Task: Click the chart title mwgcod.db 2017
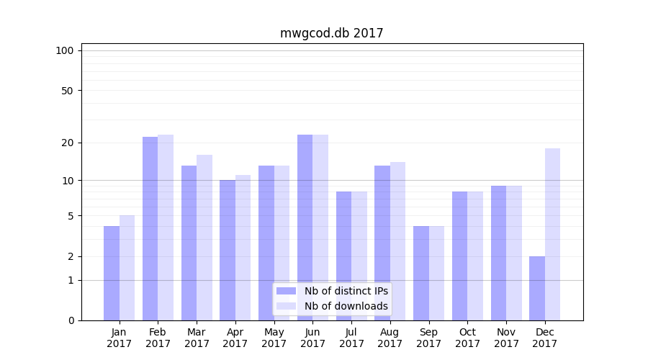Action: (x=331, y=33)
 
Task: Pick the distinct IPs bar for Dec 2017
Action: (x=537, y=288)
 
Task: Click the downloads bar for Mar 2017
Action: (x=204, y=238)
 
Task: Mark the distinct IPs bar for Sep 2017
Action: (x=421, y=273)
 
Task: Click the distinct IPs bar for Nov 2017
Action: (x=498, y=253)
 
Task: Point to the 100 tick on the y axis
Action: (x=65, y=50)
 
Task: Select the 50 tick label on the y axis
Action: (x=67, y=91)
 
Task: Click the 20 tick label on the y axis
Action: (x=67, y=143)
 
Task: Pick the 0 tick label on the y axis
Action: (x=71, y=320)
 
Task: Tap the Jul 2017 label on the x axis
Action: (x=351, y=338)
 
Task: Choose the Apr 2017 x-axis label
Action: (x=235, y=338)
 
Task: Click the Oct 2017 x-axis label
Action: (x=467, y=338)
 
